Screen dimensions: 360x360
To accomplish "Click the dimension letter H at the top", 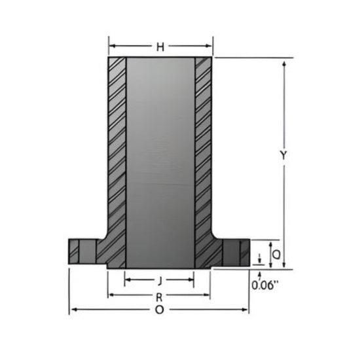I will click(160, 46).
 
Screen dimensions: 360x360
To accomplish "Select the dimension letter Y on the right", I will click(283, 155).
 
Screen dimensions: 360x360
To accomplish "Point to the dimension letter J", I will click(160, 280).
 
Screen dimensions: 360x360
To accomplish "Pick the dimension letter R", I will click(159, 296).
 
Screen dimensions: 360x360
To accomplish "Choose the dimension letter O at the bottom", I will click(159, 310).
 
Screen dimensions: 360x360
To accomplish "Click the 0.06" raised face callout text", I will click(265, 285).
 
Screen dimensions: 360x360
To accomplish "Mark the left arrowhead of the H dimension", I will click(111, 46).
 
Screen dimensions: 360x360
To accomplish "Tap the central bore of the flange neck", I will click(160, 157).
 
